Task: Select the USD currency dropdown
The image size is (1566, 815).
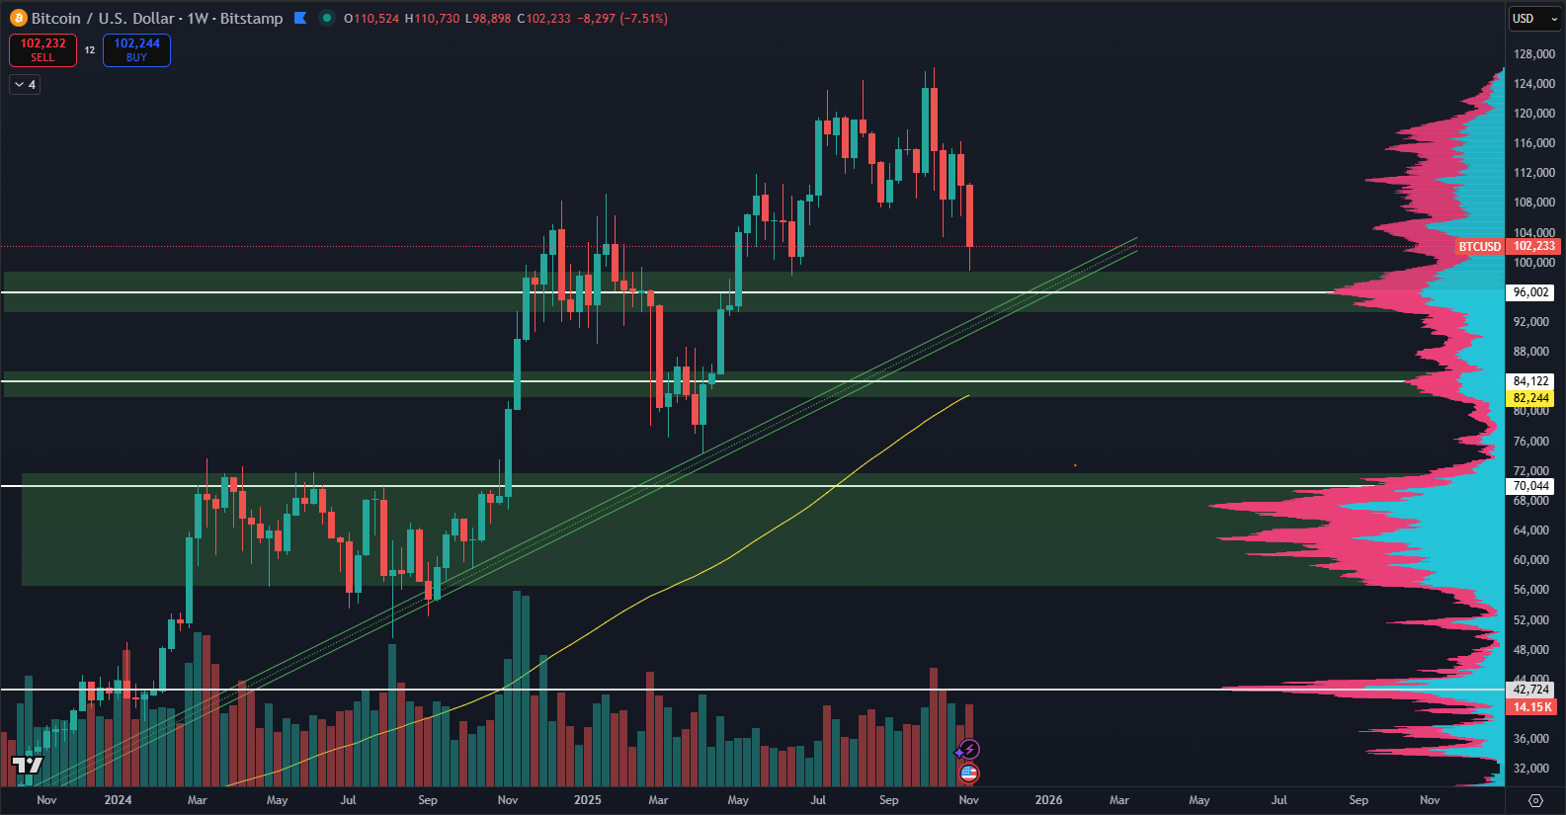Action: pyautogui.click(x=1533, y=19)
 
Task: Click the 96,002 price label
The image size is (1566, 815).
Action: pyautogui.click(x=1530, y=292)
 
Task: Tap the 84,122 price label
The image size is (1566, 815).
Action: pyautogui.click(x=1530, y=381)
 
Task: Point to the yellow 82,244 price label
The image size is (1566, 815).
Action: pyautogui.click(x=1530, y=398)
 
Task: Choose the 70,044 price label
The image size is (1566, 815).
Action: pyautogui.click(x=1530, y=486)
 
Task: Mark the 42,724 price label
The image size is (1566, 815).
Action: pyautogui.click(x=1530, y=690)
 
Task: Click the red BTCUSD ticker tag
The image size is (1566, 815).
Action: pyautogui.click(x=1479, y=247)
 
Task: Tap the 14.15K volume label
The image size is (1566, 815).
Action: pyautogui.click(x=1531, y=707)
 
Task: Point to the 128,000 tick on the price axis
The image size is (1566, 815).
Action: pyautogui.click(x=1533, y=54)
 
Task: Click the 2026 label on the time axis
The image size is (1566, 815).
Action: pyautogui.click(x=1048, y=800)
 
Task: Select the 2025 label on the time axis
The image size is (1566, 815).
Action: pyautogui.click(x=588, y=800)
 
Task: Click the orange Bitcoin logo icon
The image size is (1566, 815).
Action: pyautogui.click(x=18, y=19)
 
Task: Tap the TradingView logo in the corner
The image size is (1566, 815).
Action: pyautogui.click(x=28, y=765)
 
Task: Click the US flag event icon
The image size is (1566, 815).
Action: pyautogui.click(x=969, y=773)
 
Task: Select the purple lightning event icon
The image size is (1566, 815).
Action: pyautogui.click(x=969, y=750)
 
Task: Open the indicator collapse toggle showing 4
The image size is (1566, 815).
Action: pyautogui.click(x=25, y=85)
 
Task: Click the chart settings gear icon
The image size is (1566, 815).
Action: pyautogui.click(x=1535, y=800)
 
